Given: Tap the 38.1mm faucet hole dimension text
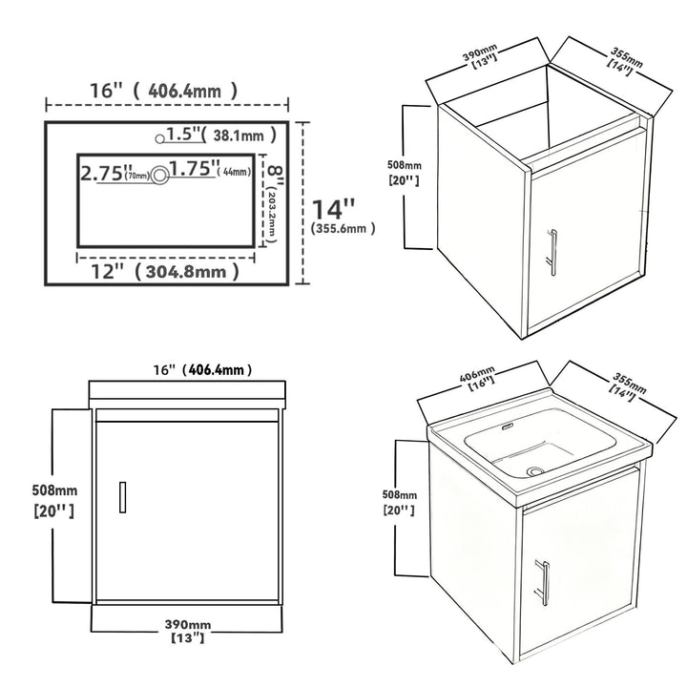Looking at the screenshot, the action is click(x=239, y=135).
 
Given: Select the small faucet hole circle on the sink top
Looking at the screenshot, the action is click(x=159, y=139).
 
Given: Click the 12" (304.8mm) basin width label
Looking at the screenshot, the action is click(x=165, y=272).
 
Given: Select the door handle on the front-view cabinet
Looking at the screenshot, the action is click(x=123, y=497).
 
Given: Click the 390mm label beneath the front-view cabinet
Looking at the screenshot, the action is click(x=188, y=624).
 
